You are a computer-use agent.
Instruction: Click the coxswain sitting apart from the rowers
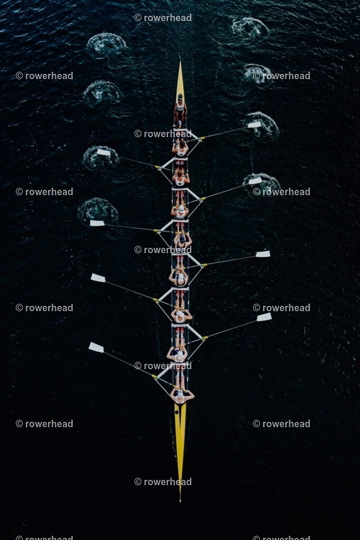(180, 110)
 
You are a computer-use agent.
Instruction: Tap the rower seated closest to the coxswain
(180, 148)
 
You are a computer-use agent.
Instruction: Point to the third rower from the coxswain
(180, 212)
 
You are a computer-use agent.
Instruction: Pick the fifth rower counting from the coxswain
(179, 277)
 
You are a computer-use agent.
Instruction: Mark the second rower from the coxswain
(181, 180)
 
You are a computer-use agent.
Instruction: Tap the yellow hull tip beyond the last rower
(180, 451)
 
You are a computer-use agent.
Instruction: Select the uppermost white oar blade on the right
(255, 124)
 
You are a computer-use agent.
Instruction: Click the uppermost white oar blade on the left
(103, 152)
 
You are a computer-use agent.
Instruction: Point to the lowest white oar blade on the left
(96, 348)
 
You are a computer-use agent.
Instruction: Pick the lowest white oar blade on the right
(264, 317)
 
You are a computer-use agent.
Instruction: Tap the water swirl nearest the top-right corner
(249, 29)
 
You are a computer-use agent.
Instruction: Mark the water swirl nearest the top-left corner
(106, 45)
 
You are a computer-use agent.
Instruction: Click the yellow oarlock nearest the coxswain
(202, 138)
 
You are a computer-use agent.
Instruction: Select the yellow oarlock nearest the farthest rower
(154, 377)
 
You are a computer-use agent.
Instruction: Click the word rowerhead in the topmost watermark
(168, 17)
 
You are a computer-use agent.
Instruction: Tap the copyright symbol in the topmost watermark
(138, 17)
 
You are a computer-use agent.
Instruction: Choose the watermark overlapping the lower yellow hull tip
(163, 482)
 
